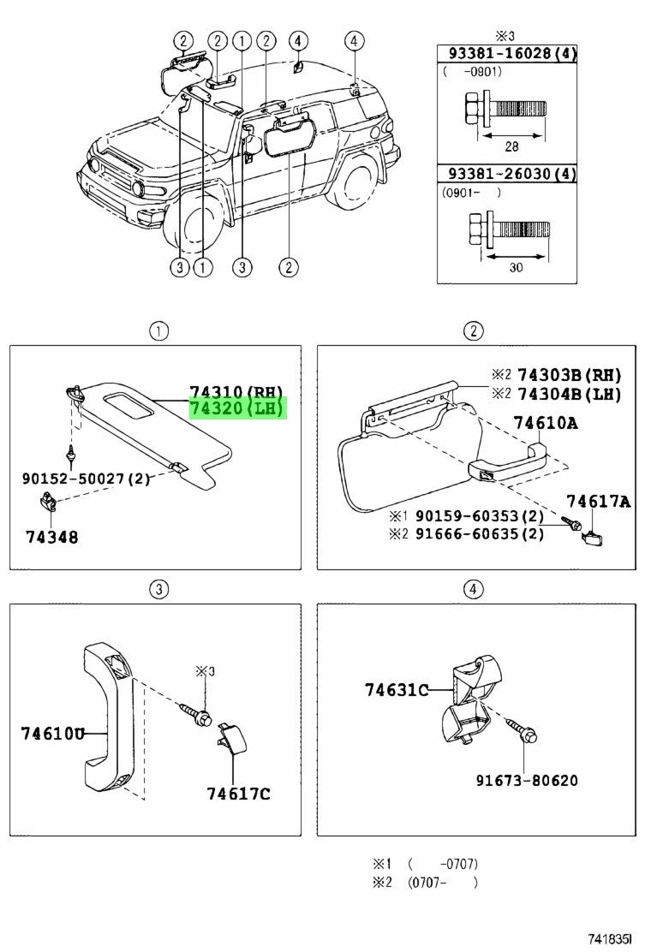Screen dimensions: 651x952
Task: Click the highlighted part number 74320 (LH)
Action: (x=236, y=409)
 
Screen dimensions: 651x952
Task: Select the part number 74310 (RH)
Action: (x=236, y=392)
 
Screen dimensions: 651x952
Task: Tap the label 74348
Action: (x=51, y=537)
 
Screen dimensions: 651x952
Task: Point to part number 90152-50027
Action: (x=86, y=479)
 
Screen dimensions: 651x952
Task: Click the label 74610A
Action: (x=546, y=423)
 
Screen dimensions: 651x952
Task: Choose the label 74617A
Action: (x=598, y=502)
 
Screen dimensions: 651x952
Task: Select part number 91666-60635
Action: (x=480, y=534)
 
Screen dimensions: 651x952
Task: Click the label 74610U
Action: (x=53, y=734)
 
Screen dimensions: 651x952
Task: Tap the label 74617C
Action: (x=238, y=794)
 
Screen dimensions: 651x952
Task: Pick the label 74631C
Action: (x=397, y=690)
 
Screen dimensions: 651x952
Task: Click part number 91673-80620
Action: (x=527, y=780)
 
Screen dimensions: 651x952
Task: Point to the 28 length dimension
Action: (x=512, y=146)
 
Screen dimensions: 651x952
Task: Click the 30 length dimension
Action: (x=516, y=267)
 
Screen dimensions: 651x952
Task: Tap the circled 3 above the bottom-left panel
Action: (x=158, y=589)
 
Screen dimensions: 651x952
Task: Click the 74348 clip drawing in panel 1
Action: (x=47, y=503)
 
